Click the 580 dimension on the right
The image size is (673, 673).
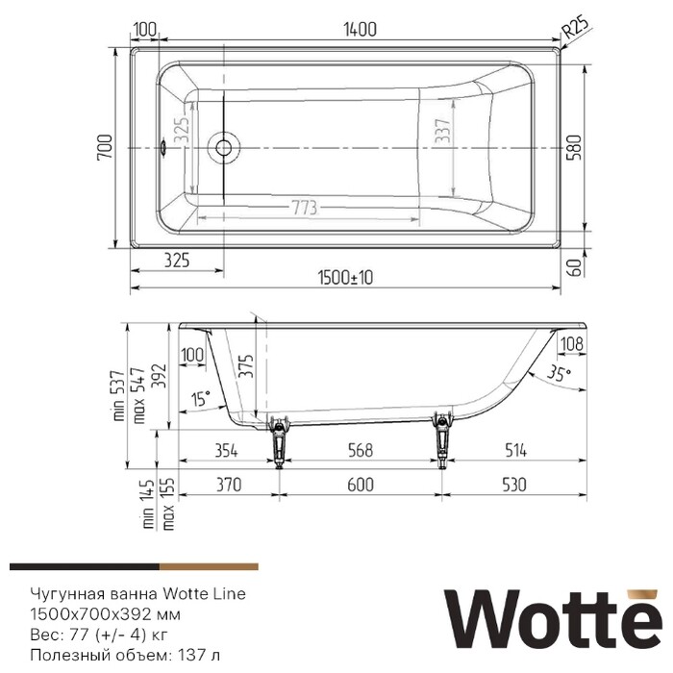click(x=576, y=146)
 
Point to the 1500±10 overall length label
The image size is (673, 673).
click(x=345, y=278)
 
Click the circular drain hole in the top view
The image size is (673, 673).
click(x=225, y=147)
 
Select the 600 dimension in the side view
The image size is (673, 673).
click(x=359, y=486)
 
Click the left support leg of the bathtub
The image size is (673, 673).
click(x=281, y=437)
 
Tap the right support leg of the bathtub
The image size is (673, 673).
click(x=442, y=437)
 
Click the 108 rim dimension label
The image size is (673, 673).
click(x=571, y=343)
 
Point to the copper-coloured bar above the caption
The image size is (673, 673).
click(x=209, y=567)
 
